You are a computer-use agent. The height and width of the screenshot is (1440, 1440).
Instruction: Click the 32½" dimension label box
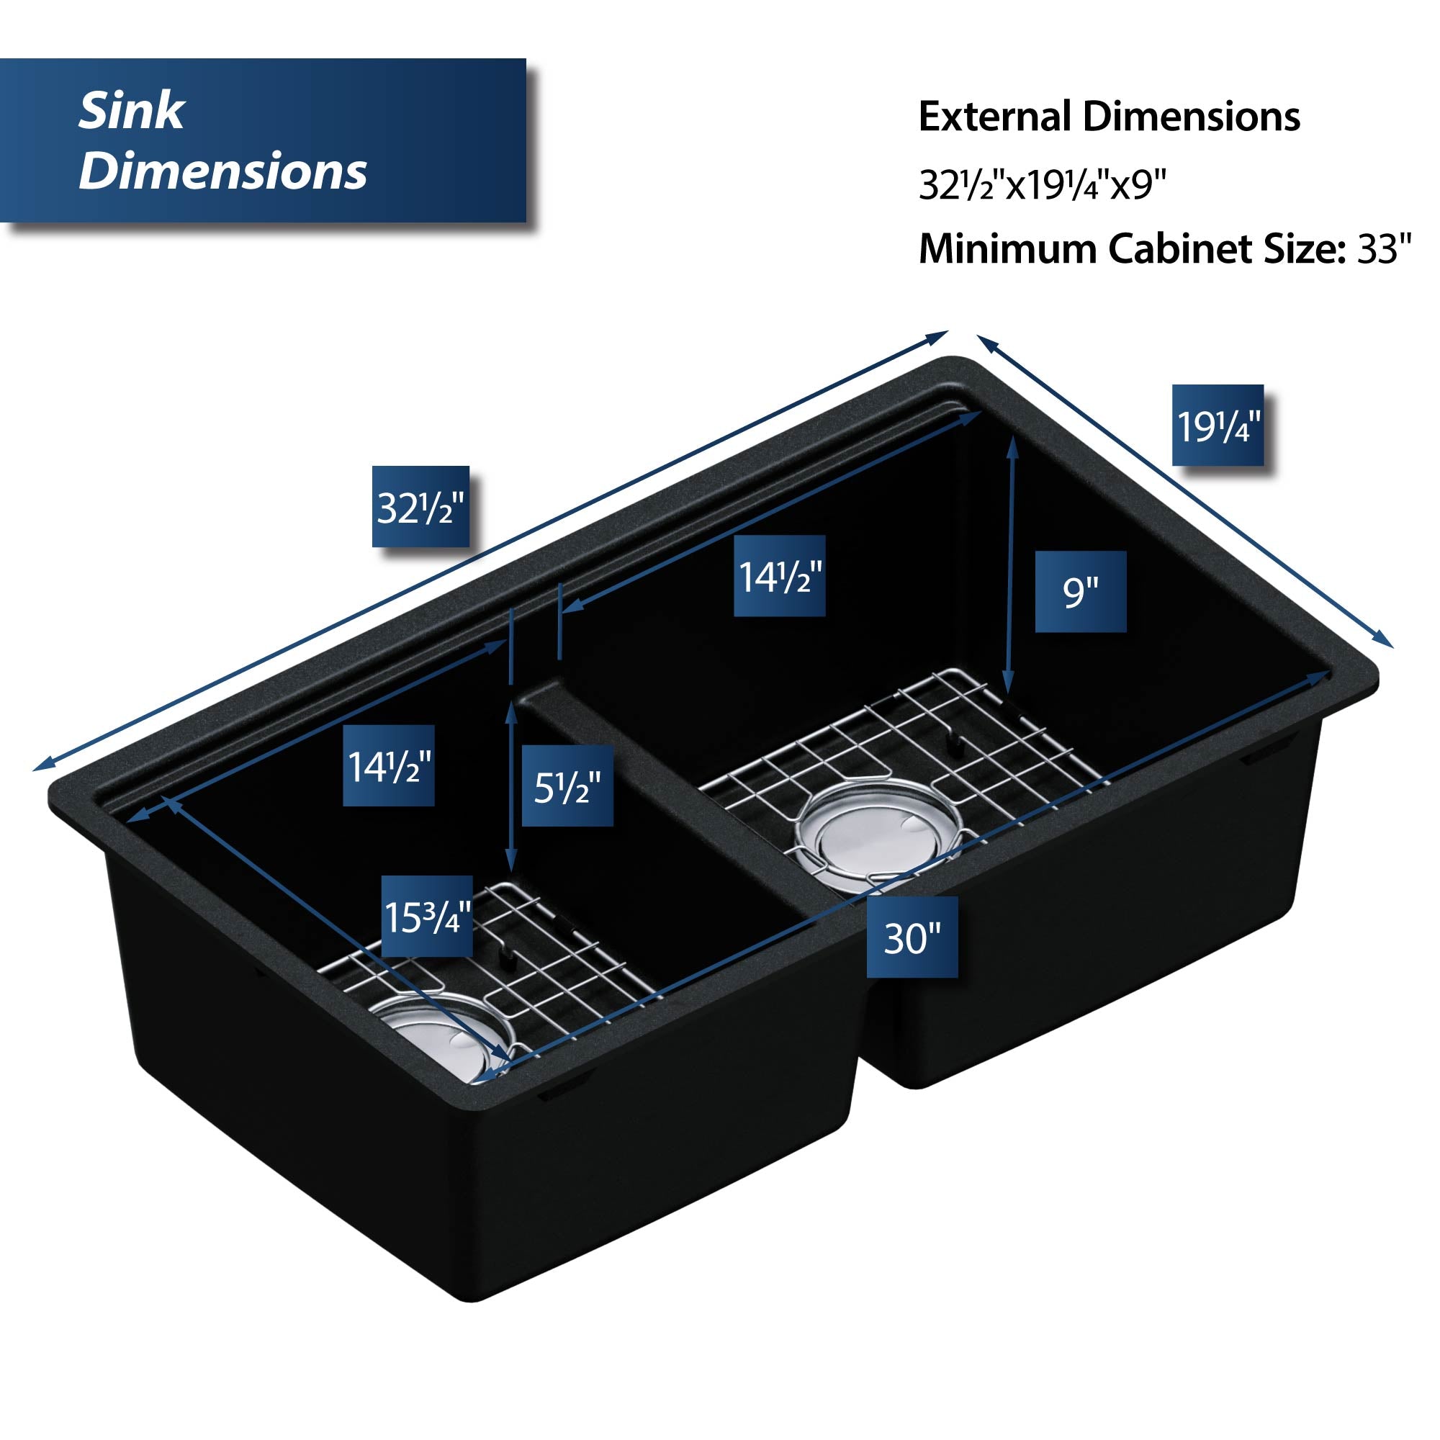click(420, 507)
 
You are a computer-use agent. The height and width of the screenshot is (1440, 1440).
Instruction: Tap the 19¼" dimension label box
click(1218, 426)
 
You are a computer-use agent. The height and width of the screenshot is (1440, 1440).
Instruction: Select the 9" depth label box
click(1080, 592)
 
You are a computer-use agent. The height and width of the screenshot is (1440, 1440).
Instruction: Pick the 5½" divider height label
click(567, 786)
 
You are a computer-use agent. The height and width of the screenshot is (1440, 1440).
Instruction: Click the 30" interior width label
click(912, 937)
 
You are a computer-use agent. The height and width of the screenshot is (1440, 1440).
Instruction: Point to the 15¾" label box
click(427, 916)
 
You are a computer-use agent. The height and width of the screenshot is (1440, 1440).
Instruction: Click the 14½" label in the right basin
click(780, 576)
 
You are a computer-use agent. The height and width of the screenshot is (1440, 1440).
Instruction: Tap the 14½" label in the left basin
click(388, 765)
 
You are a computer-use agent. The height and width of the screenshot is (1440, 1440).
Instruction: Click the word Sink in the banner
click(131, 112)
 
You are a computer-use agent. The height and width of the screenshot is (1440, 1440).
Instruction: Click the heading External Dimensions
click(1109, 117)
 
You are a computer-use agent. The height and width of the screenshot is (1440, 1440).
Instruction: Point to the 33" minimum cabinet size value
click(1384, 249)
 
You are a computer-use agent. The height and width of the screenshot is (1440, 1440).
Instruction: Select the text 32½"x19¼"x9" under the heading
click(1042, 185)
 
